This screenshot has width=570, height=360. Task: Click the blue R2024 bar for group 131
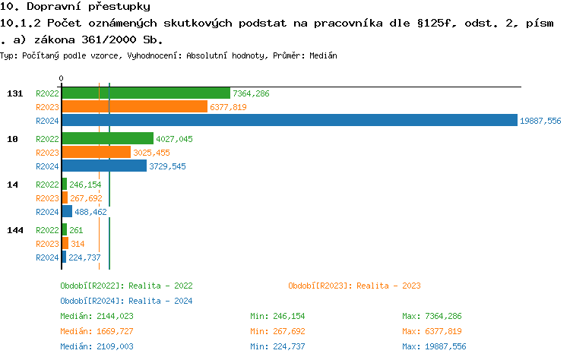(289, 121)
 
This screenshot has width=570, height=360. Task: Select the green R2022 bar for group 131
(145, 93)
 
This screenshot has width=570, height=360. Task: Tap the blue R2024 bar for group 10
(104, 166)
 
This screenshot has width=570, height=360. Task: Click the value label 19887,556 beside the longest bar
(540, 121)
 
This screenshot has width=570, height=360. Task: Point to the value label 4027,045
(174, 139)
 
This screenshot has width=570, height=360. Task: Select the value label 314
(78, 244)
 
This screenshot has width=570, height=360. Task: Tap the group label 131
(14, 93)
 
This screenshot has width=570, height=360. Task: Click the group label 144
(14, 230)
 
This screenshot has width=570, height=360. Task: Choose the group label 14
(12, 185)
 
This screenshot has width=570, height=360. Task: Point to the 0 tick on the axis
(62, 78)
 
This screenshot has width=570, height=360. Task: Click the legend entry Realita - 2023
(354, 286)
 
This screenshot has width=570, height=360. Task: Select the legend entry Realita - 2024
(126, 301)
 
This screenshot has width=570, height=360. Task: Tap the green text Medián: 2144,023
(97, 316)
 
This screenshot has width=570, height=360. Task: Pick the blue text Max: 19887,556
(434, 346)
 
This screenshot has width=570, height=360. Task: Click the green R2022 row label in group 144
(47, 230)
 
